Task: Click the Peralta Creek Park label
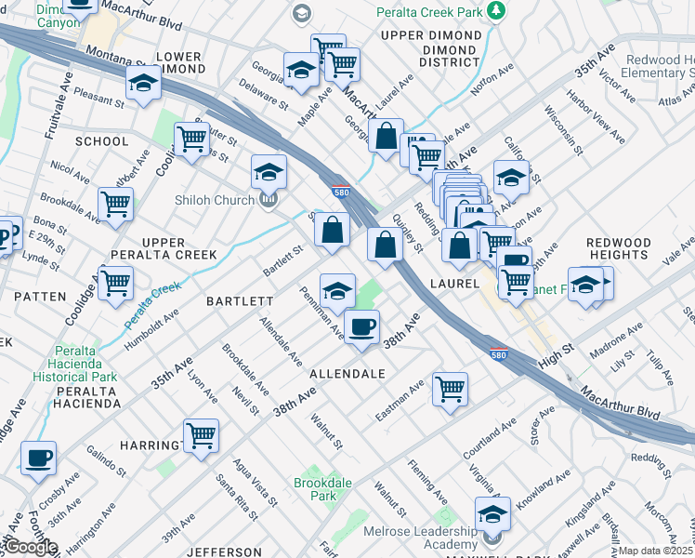point(428,12)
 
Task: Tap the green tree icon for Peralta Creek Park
point(497,10)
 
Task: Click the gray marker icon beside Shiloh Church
point(269,198)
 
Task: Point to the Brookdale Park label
point(315,489)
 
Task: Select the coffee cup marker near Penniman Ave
point(361,326)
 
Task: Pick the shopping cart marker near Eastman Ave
point(450,389)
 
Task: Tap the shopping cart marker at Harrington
point(201,434)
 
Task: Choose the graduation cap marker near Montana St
point(143,83)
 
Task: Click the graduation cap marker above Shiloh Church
point(269,171)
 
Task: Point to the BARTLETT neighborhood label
point(239,301)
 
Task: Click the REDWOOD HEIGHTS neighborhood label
point(618,248)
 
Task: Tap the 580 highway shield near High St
point(499,355)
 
